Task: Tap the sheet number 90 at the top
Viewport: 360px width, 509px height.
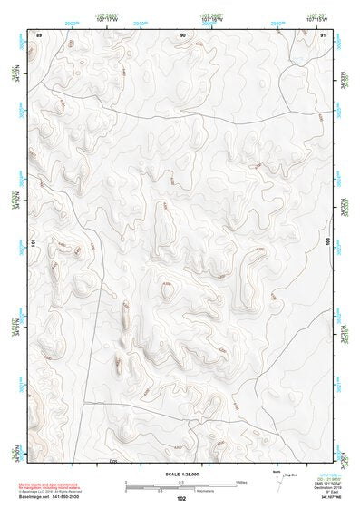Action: (x=182, y=34)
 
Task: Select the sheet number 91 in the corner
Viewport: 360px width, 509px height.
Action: (x=323, y=34)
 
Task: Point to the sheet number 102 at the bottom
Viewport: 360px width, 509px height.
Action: (x=181, y=499)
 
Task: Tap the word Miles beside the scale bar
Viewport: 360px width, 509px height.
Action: (x=241, y=482)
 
